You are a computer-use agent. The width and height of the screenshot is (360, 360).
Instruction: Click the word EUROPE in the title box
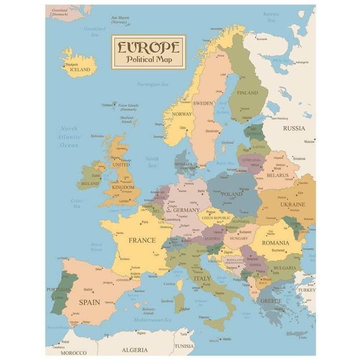click(x=148, y=47)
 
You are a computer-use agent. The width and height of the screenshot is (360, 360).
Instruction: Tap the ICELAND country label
click(x=80, y=70)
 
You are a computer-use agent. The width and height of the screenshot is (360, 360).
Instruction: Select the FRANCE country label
click(x=142, y=240)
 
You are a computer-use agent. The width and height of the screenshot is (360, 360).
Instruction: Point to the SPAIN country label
click(x=90, y=302)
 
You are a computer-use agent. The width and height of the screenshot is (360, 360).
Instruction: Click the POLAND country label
click(x=231, y=194)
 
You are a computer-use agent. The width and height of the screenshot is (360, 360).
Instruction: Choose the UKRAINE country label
click(x=292, y=204)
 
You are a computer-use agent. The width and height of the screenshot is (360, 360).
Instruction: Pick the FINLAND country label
click(x=247, y=93)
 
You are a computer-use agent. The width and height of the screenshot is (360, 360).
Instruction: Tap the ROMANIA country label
click(x=275, y=243)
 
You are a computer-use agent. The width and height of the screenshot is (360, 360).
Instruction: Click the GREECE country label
click(x=271, y=301)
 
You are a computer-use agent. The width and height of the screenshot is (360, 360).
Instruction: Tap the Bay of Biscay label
click(x=97, y=247)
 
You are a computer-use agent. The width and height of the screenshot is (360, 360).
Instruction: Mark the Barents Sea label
click(x=271, y=17)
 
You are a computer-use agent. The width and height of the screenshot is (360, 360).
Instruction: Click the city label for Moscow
click(x=309, y=142)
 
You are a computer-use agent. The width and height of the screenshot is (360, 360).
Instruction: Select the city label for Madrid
click(x=88, y=289)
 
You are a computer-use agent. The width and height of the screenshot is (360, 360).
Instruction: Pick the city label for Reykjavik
click(x=72, y=65)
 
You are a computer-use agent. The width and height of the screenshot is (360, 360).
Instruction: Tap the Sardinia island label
click(x=168, y=301)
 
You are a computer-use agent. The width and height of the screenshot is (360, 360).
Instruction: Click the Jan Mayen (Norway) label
click(x=120, y=20)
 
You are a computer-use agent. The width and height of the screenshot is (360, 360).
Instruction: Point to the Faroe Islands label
click(x=128, y=107)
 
